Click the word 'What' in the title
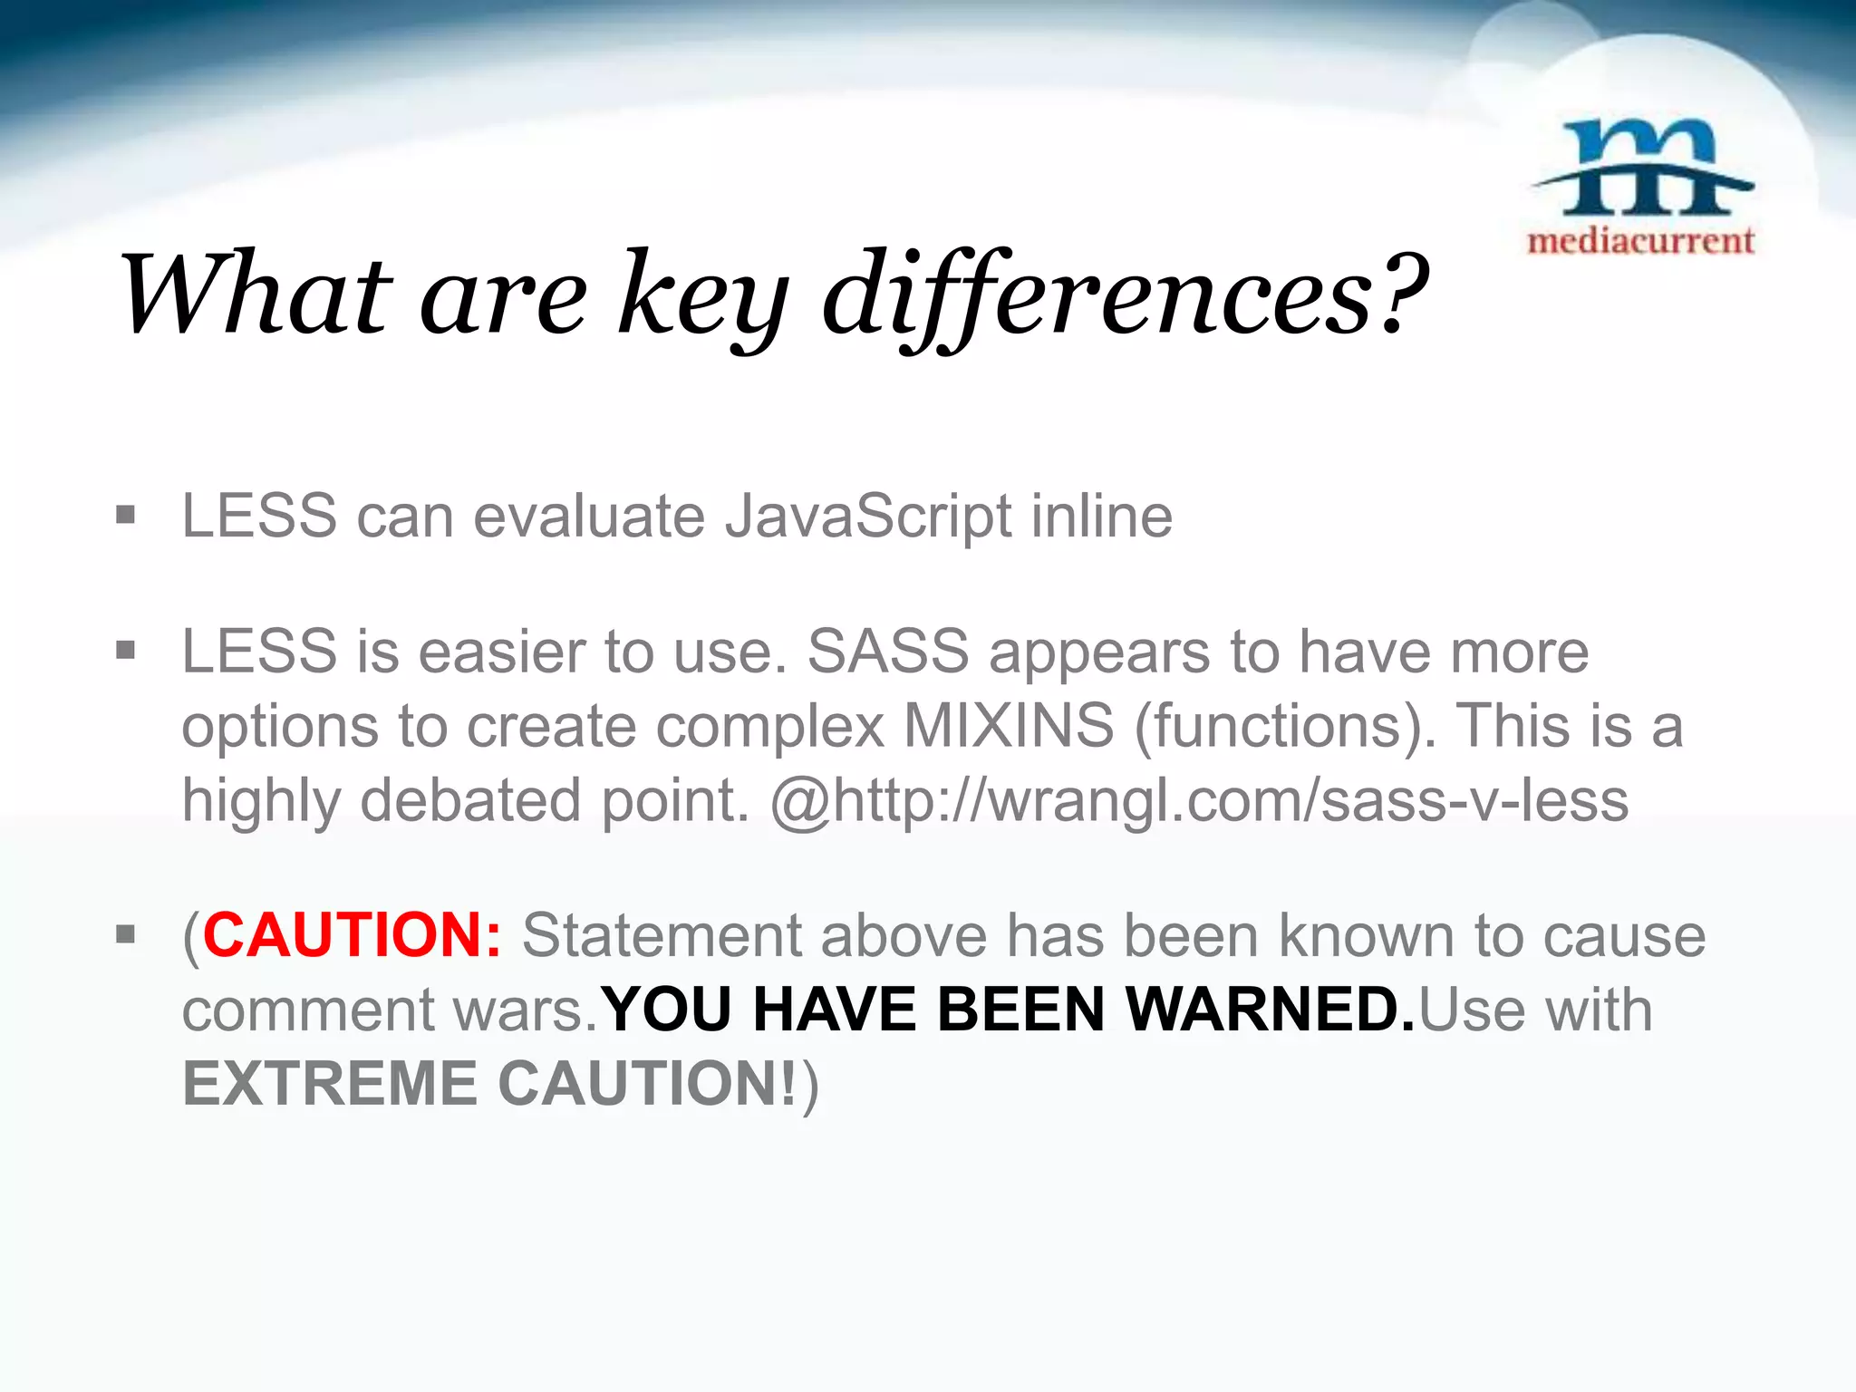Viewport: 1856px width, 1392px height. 256,295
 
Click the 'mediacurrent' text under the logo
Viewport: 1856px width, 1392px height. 1640,241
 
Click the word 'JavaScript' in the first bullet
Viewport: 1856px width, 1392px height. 867,517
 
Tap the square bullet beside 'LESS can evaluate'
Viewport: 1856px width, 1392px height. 126,517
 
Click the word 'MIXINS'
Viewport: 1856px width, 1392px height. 1009,726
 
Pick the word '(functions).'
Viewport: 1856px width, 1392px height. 1285,726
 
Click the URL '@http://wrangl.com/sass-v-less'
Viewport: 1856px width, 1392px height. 1198,801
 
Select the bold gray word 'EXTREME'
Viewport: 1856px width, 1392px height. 329,1084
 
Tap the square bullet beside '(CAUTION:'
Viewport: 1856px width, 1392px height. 126,934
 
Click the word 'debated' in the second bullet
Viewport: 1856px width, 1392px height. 470,801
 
